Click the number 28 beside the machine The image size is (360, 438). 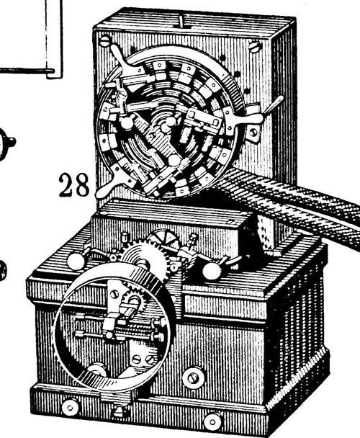coord(74,184)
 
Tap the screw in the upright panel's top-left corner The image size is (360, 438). coord(105,41)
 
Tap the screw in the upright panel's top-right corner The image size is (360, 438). coord(255,46)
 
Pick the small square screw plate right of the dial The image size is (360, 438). coord(253,133)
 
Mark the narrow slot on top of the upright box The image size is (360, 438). coord(181,22)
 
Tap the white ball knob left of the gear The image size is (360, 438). coord(76,262)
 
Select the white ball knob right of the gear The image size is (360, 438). coord(211,271)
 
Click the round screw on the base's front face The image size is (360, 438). coord(192,378)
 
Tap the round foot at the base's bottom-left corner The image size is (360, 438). coord(70,407)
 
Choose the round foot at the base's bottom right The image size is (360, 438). coord(212,421)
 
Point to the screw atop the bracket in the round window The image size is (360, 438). coord(114,294)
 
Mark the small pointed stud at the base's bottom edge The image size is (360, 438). coord(120,411)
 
